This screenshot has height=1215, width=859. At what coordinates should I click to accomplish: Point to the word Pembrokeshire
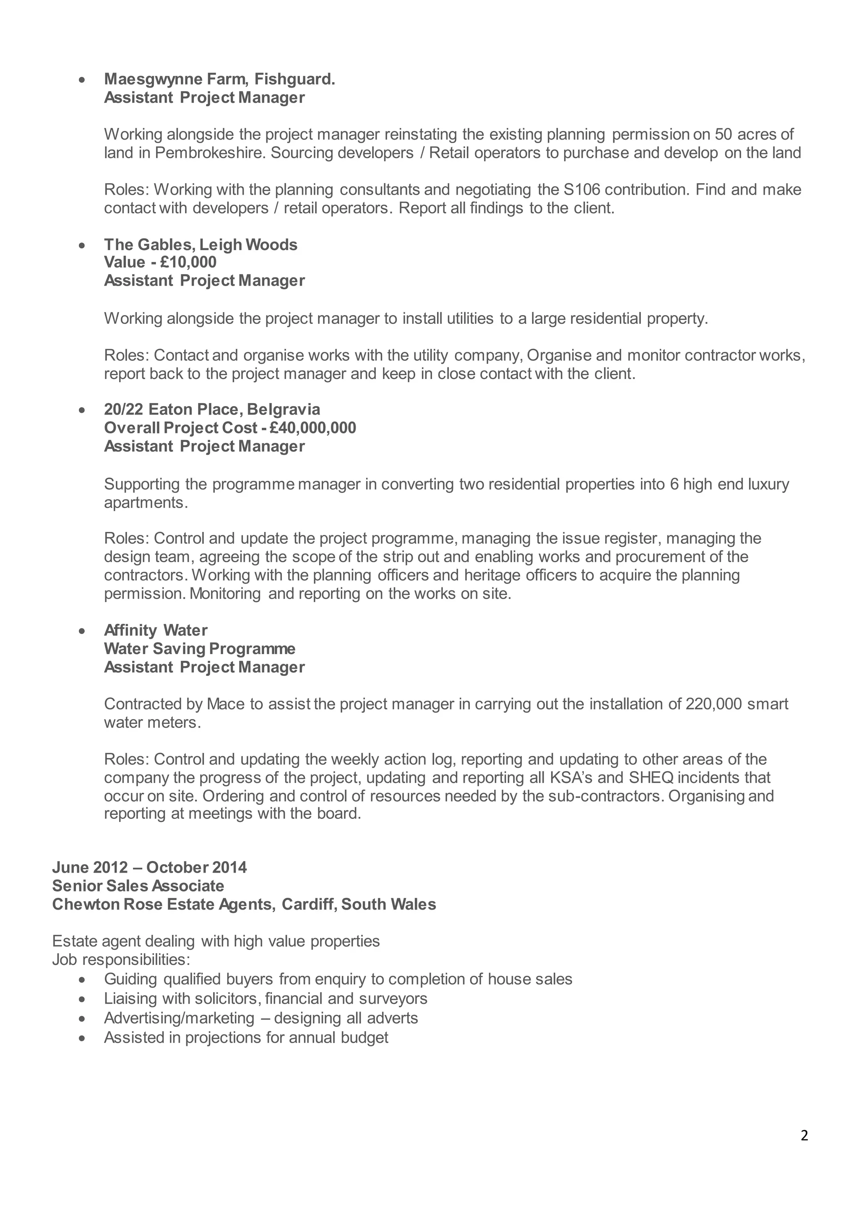pos(210,153)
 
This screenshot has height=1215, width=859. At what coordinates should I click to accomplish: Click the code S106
pos(583,190)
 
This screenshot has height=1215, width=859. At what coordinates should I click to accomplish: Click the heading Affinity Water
pos(156,630)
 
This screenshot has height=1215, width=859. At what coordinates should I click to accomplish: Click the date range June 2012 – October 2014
pos(149,867)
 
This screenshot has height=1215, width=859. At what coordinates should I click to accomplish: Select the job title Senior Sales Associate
pos(138,886)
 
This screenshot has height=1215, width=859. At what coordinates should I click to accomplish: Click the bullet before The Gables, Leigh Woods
pos(81,246)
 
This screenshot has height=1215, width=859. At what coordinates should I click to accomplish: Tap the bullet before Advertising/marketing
pos(81,1019)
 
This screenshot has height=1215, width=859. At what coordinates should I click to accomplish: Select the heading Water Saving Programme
pos(199,649)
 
